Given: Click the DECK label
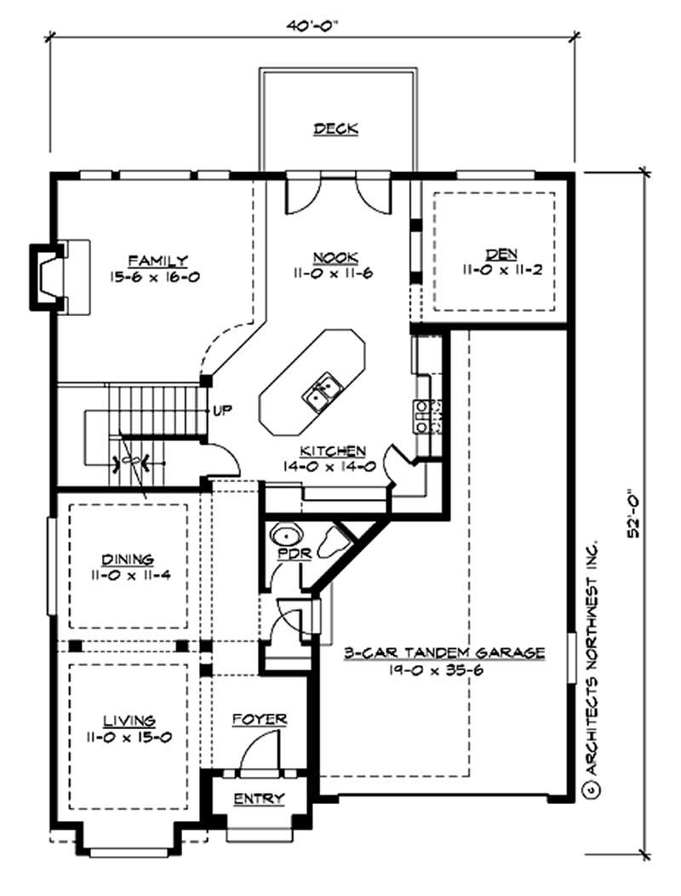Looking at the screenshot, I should tap(335, 129).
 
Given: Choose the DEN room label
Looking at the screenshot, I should tap(496, 254).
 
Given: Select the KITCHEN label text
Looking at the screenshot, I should tap(333, 451).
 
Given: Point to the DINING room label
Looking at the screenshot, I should tap(128, 560).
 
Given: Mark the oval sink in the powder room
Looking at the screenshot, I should tap(287, 537).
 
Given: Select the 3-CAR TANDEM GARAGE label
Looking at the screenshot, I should tap(444, 653).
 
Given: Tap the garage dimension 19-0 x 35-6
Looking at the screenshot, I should tap(444, 669).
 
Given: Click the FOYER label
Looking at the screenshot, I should tap(260, 720).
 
